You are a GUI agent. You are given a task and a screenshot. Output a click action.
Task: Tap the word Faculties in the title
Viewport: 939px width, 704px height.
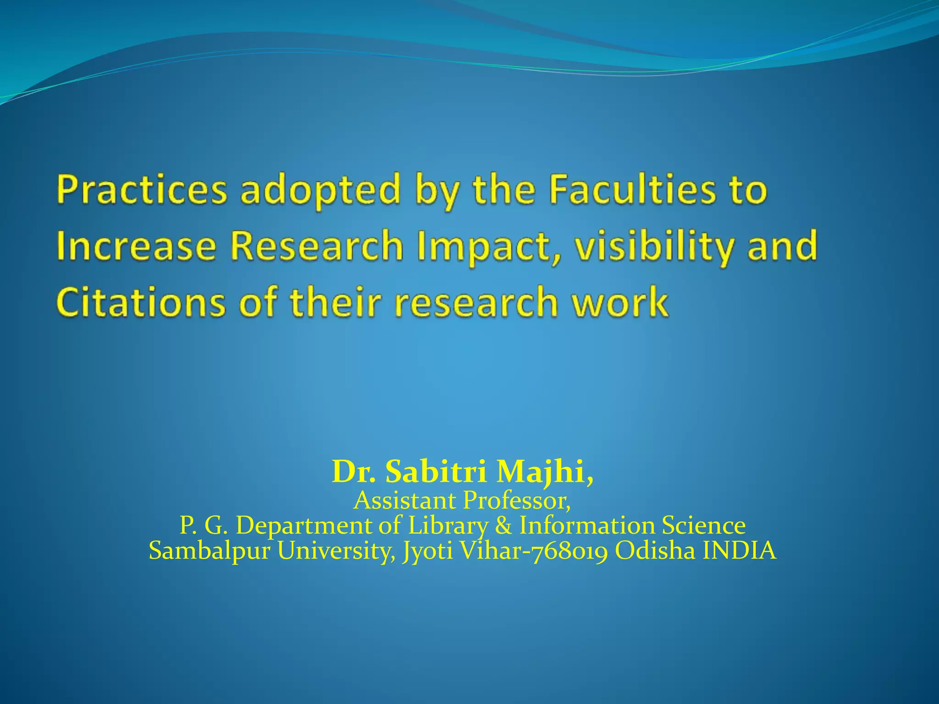[x=632, y=190]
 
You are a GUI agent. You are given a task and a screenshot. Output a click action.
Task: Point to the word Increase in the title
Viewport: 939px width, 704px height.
[x=136, y=247]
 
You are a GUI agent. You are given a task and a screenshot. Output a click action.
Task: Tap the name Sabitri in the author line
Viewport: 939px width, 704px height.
[x=435, y=472]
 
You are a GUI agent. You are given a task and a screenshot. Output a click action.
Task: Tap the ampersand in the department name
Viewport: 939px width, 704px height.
[x=503, y=525]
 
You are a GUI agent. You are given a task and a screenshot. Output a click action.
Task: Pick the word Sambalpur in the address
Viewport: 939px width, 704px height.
[x=210, y=550]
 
